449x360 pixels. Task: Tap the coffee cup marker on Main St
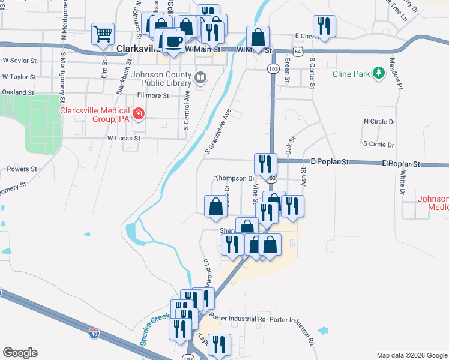point(173,42)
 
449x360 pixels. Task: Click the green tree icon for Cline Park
point(378,73)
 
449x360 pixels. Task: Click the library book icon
point(200,77)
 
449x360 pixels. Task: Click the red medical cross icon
point(138,113)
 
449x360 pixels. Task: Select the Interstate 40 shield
point(94,333)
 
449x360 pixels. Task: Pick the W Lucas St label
point(124,137)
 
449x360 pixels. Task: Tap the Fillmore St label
point(154,95)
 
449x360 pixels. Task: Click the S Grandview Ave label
point(218,130)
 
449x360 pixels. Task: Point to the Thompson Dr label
point(235,178)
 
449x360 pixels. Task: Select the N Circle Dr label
point(380,121)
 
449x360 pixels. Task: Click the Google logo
point(20,353)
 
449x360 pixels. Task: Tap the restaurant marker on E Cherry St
point(324,26)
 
